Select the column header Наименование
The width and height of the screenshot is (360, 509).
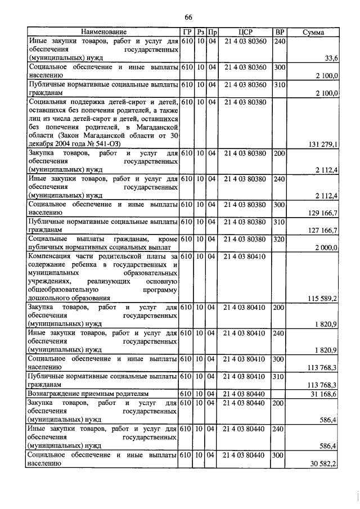click(103, 32)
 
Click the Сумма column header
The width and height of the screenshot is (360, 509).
click(313, 32)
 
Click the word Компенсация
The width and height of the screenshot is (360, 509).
click(52, 256)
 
